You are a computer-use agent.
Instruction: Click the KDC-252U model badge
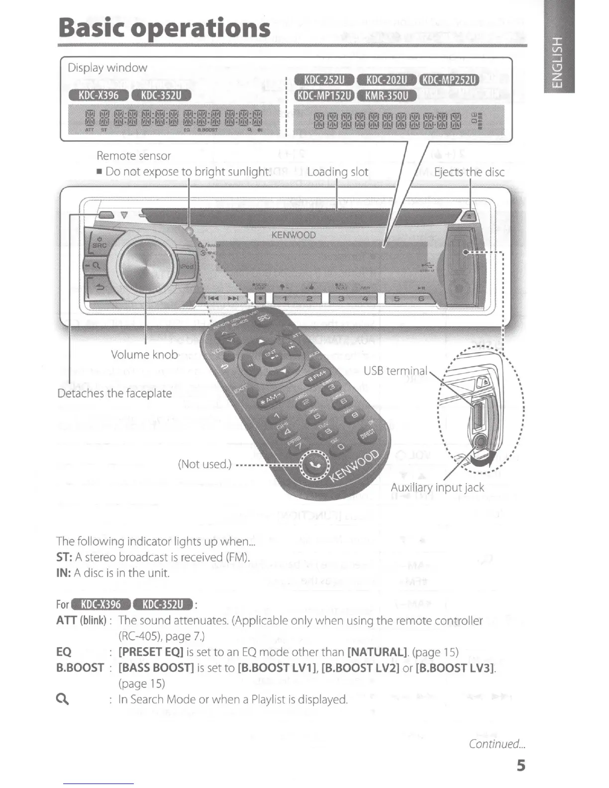tap(324, 80)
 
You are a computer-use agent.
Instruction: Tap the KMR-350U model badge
tap(387, 95)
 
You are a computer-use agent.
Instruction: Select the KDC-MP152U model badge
tap(324, 95)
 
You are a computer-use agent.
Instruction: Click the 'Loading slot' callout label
tap(337, 172)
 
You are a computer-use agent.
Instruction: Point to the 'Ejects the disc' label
tap(469, 172)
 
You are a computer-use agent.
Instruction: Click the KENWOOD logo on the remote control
tap(354, 468)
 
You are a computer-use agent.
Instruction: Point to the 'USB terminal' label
tap(395, 371)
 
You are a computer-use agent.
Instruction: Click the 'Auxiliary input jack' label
tap(437, 488)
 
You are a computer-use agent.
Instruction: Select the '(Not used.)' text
tap(204, 464)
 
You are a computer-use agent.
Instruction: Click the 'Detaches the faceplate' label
tap(114, 394)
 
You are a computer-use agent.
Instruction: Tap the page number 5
tap(520, 765)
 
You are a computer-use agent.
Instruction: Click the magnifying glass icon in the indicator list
tap(63, 699)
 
